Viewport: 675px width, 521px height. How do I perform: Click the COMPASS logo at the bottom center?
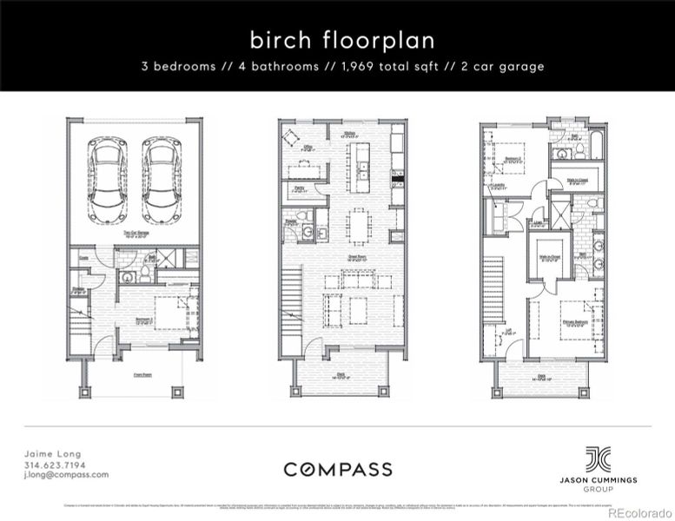coord(337,469)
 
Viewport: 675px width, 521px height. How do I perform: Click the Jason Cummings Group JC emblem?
coord(598,458)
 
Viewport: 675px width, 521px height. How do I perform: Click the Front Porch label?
coord(132,377)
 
